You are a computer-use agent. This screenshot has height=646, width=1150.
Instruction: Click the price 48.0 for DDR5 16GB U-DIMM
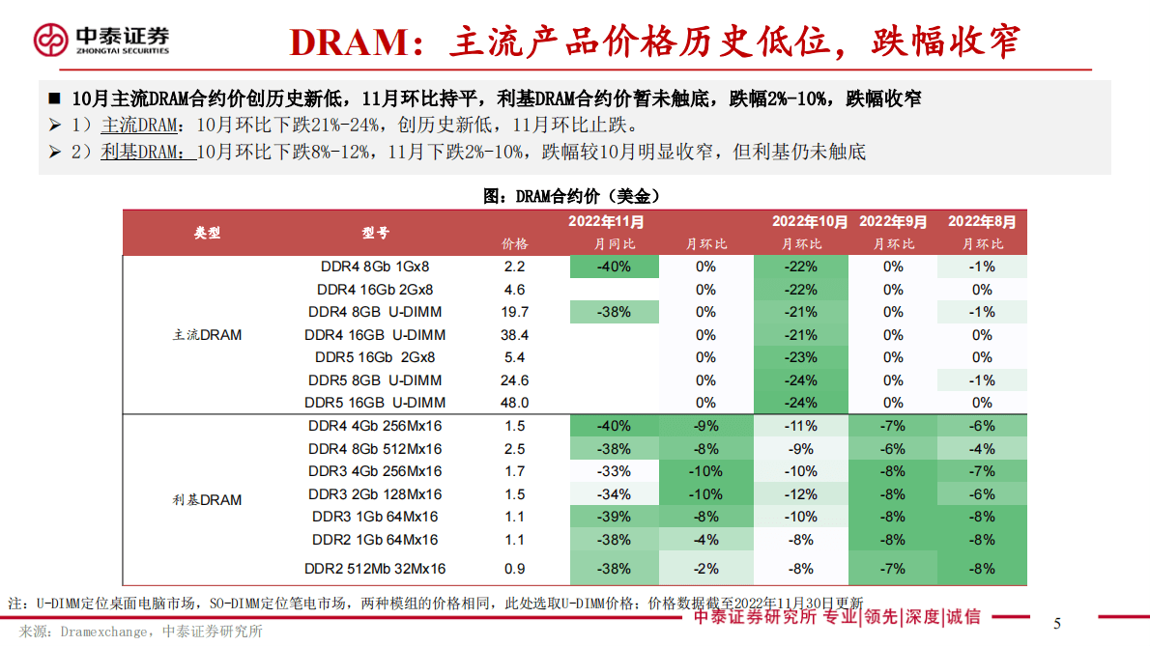tap(515, 403)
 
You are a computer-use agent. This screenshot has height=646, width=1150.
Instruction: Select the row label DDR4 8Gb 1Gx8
tap(375, 267)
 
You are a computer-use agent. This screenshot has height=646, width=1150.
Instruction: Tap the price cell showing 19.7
tap(515, 312)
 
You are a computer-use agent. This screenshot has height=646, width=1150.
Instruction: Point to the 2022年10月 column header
tap(810, 221)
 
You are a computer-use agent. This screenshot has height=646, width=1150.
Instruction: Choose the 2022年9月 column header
tap(893, 221)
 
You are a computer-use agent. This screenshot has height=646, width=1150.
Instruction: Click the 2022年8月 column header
tap(982, 221)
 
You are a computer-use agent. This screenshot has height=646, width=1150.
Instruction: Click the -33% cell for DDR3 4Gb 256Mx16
tap(614, 471)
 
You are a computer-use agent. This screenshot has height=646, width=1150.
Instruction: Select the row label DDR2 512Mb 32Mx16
tap(375, 569)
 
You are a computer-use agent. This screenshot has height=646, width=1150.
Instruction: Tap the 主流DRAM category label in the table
tap(207, 335)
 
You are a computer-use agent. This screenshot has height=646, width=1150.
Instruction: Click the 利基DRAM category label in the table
tap(207, 500)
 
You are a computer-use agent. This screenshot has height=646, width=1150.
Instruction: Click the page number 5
tap(1057, 623)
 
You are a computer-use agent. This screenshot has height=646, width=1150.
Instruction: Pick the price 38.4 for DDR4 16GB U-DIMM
tap(515, 335)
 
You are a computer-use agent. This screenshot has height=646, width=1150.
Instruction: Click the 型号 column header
tap(375, 233)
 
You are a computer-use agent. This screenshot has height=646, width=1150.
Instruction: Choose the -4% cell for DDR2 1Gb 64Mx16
tap(705, 540)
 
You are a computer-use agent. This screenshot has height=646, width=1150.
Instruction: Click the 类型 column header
tap(207, 233)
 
